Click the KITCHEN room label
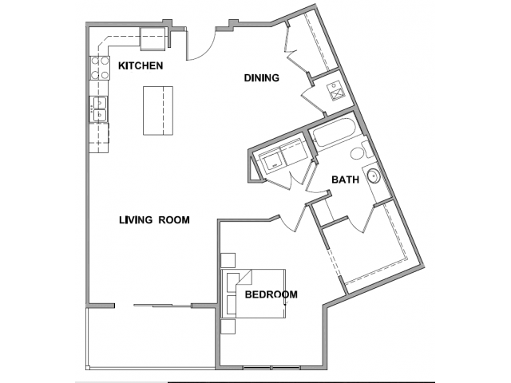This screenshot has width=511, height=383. pos(141,65)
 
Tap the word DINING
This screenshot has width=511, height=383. pos(262,78)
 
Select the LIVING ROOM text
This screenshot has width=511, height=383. pos(154,220)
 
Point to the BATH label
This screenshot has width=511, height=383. pos(345,180)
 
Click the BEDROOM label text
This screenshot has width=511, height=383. pos(271,294)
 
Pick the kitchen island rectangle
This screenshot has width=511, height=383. pos(158,111)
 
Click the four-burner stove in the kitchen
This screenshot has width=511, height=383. pos(99,68)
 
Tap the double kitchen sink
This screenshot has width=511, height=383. pos(99,109)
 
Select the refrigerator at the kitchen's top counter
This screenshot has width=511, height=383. pos(153,39)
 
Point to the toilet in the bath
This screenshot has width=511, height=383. pos(361,152)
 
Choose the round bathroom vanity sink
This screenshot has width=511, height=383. pos(374,176)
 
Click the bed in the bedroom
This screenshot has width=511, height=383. pos(253,294)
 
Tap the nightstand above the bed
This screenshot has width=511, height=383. pos(228,260)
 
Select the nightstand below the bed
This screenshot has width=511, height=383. pos(228,326)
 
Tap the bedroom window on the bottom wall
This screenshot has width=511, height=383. pos(271,368)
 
